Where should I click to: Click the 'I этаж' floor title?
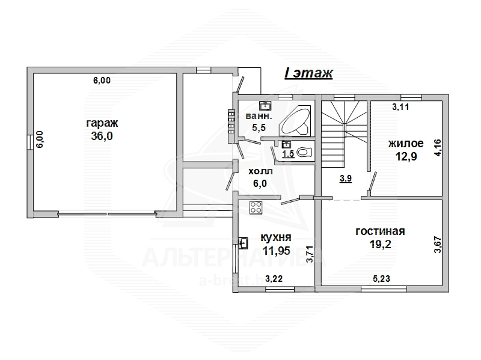coord(308,73)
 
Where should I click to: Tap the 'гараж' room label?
coord(102,123)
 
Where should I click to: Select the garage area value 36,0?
coord(102,136)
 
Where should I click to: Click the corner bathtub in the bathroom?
coord(295,121)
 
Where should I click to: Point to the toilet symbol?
coord(305,152)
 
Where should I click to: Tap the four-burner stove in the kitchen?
coord(256,207)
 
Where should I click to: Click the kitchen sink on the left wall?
coord(244,243)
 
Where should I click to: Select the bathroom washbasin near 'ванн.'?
coord(265,106)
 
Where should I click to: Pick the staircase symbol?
coord(344,133)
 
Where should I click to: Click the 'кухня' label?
coord(276,237)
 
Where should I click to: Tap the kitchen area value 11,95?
coord(276,251)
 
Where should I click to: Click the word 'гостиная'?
coord(380,231)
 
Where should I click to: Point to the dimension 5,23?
coord(382,278)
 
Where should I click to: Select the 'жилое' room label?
coord(406,144)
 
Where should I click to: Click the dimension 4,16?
coord(438,147)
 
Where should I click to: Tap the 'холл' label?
coord(260,171)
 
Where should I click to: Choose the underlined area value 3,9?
coord(346,178)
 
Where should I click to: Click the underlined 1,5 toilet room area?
coord(288,154)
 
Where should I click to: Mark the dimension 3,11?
coord(400,107)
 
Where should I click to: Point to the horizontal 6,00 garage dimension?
coord(102,81)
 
